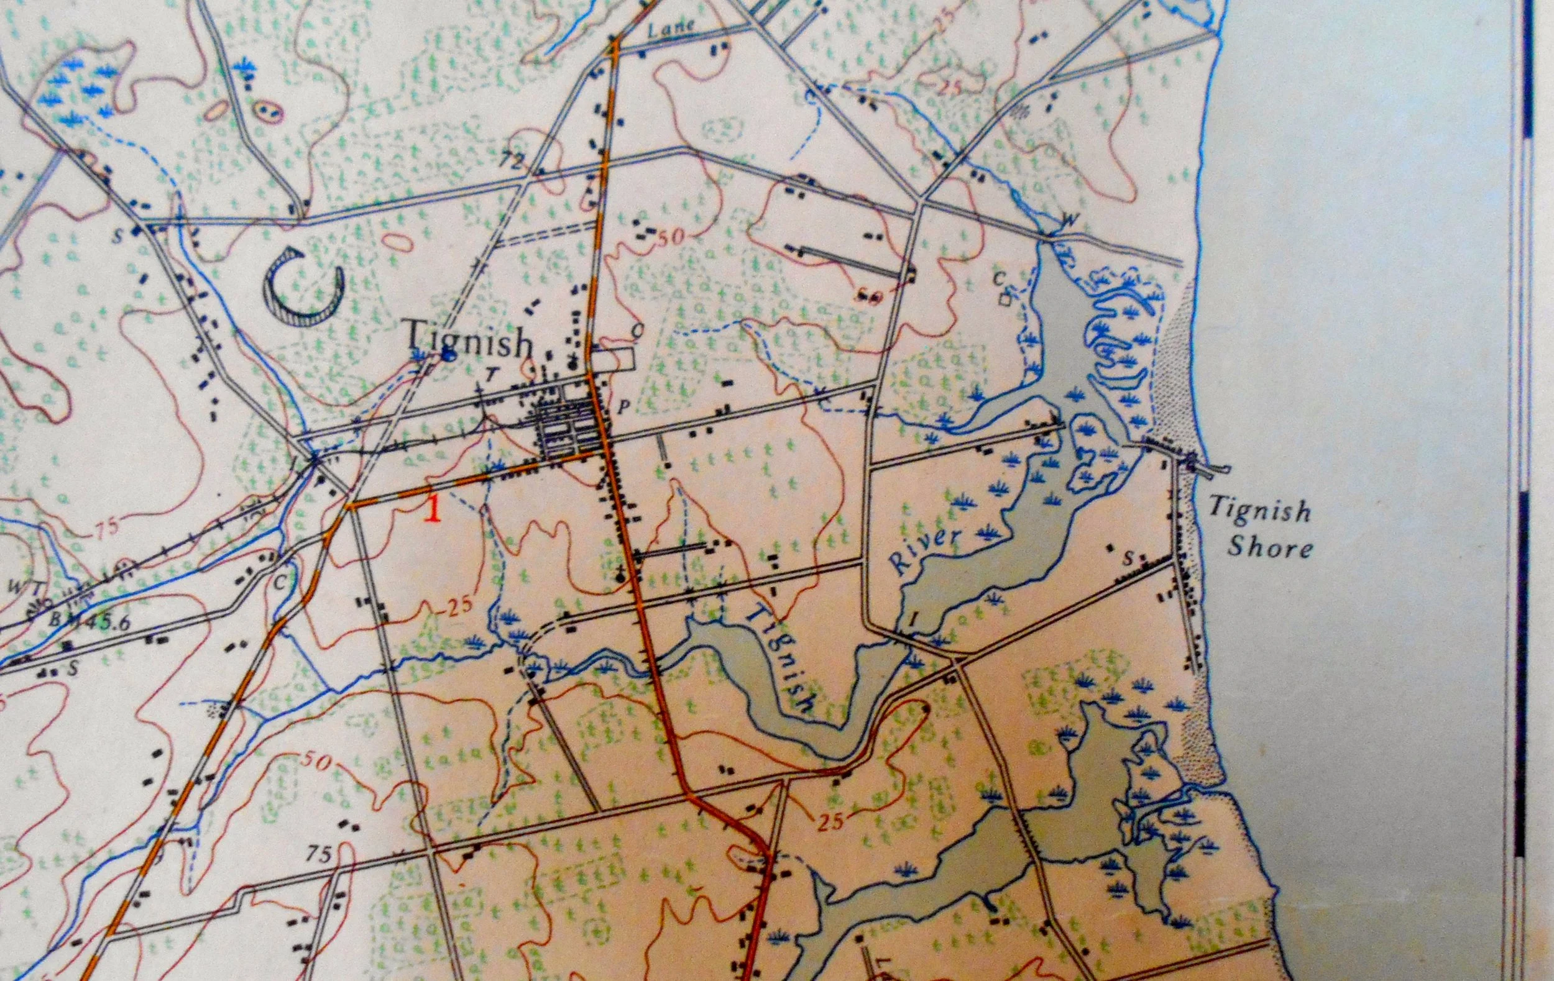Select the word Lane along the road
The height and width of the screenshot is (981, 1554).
point(672,28)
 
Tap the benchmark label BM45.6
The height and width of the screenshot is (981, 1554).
point(90,621)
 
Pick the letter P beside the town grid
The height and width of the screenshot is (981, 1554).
point(623,407)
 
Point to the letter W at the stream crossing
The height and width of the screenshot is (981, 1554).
point(1069,219)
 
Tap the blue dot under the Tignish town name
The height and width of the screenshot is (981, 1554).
point(446,355)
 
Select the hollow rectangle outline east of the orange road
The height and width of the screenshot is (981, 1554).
point(614,358)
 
